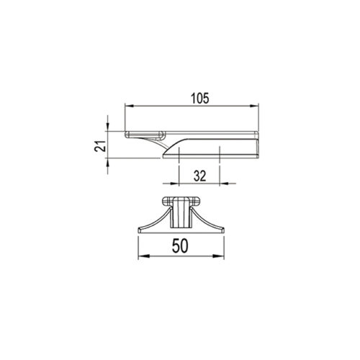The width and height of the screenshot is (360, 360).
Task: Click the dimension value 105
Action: click(x=200, y=99)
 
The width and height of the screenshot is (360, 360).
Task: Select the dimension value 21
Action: click(x=100, y=145)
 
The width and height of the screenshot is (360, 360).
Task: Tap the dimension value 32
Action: click(x=200, y=176)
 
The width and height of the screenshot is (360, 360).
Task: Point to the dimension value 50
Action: click(x=180, y=246)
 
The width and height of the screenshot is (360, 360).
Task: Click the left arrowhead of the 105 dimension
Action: click(x=130, y=106)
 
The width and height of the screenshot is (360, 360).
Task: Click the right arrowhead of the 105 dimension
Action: click(x=254, y=106)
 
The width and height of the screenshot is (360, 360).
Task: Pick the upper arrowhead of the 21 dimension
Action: click(x=107, y=127)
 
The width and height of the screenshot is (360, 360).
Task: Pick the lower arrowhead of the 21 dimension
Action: click(x=107, y=163)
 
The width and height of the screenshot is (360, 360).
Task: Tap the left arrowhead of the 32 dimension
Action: click(x=175, y=184)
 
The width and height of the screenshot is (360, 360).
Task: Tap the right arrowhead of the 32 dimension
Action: click(x=224, y=184)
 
